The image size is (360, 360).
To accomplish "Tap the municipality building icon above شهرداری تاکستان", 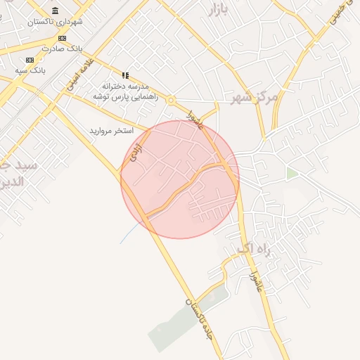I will click(56, 11).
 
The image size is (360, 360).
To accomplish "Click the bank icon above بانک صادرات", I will click(62, 38).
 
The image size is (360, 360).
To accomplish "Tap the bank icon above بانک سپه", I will click(30, 60).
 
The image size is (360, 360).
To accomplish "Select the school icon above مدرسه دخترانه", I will click(126, 75).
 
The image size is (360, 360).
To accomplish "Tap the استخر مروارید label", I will click(116, 131).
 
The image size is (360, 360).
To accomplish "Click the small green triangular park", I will click(290, 173).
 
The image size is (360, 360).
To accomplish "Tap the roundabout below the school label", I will click(170, 101).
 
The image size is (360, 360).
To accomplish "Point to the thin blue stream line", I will click(128, 234).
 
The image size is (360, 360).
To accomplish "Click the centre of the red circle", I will click(180, 179).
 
